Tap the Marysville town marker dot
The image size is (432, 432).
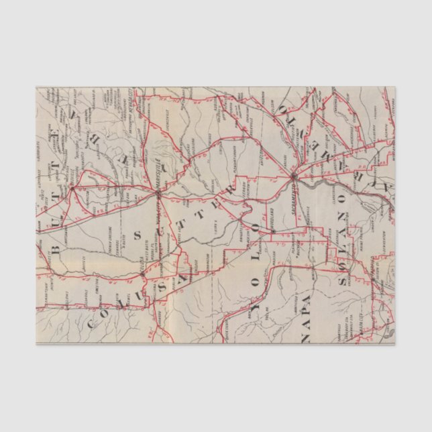[x=158, y=193]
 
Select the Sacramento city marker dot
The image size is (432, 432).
[x=294, y=176]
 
